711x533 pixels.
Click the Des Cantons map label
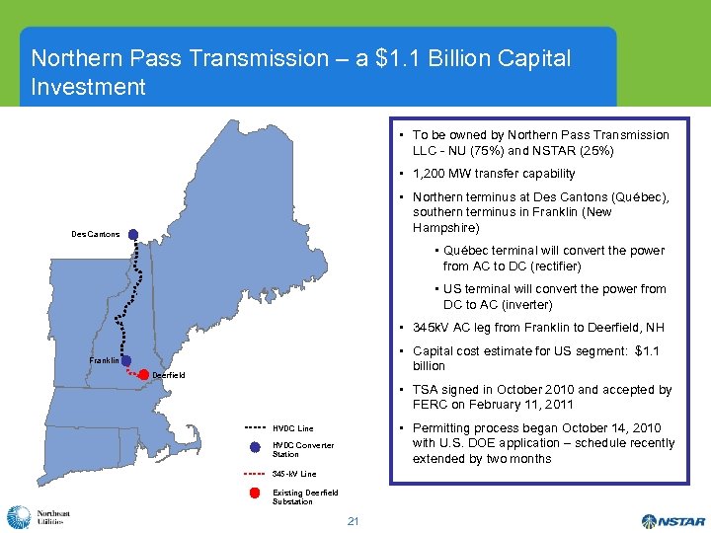pyautogui.click(x=96, y=234)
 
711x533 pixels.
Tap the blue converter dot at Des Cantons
pyautogui.click(x=132, y=235)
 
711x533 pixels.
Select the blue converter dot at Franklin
pyautogui.click(x=126, y=361)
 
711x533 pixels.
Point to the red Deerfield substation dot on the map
pyautogui.click(x=144, y=374)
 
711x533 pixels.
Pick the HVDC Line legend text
pyautogui.click(x=293, y=428)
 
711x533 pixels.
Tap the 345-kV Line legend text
pyautogui.click(x=294, y=473)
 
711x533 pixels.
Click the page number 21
pyautogui.click(x=353, y=519)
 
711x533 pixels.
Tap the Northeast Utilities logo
pyautogui.click(x=39, y=517)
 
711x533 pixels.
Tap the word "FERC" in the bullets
pyautogui.click(x=431, y=405)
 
